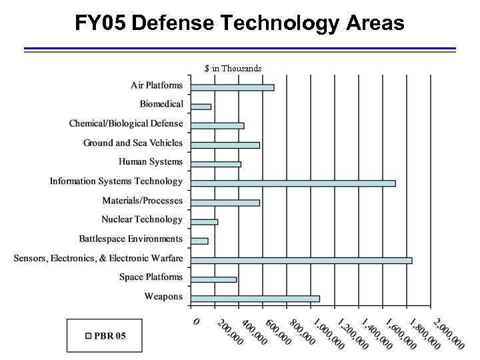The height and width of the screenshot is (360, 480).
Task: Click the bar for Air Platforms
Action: pyautogui.click(x=232, y=87)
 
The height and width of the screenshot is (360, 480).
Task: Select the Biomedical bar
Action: pyautogui.click(x=201, y=107)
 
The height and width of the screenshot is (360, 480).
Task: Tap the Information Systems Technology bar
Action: pyautogui.click(x=293, y=183)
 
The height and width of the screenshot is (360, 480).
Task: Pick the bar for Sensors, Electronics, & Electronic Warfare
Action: pyautogui.click(x=301, y=260)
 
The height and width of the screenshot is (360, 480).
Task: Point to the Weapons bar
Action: pyautogui.click(x=255, y=299)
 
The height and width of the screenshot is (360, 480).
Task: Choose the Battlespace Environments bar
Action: pyautogui.click(x=199, y=241)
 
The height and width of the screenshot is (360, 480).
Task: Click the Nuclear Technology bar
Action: pyautogui.click(x=204, y=222)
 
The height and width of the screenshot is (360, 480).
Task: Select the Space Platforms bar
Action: pyautogui.click(x=213, y=279)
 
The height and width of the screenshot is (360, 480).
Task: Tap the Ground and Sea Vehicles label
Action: pyautogui.click(x=133, y=143)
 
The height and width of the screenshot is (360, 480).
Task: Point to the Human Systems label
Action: pyautogui.click(x=150, y=161)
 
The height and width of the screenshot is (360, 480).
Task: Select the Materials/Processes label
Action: pyautogui.click(x=142, y=201)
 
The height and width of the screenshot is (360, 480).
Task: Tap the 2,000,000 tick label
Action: pyautogui.click(x=449, y=333)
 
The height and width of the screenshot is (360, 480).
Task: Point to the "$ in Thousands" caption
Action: pyautogui.click(x=233, y=68)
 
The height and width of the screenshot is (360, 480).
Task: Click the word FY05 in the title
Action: pyautogui.click(x=101, y=24)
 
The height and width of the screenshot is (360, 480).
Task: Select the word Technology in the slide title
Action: pyautogui.click(x=279, y=24)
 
